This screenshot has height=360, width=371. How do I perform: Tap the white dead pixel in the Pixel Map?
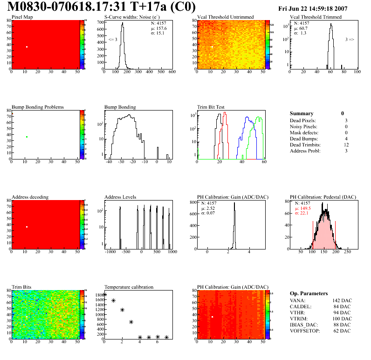pyautogui.click(x=27, y=47)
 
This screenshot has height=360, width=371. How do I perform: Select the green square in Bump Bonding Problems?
pyautogui.click(x=27, y=137)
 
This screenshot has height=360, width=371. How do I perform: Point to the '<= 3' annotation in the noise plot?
pyautogui.click(x=112, y=40)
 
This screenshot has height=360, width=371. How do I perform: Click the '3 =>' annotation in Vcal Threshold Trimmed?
pyautogui.click(x=350, y=40)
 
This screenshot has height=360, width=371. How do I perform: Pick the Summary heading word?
pyautogui.click(x=302, y=113)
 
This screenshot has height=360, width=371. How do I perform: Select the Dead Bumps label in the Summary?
pyautogui.click(x=304, y=138)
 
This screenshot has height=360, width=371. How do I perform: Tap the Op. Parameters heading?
pyautogui.click(x=309, y=293)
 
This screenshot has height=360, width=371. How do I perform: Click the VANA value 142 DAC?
pyautogui.click(x=341, y=300)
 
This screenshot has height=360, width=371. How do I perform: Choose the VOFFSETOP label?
pyautogui.click(x=306, y=331)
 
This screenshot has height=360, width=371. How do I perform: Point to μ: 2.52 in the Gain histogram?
pyautogui.click(x=207, y=208)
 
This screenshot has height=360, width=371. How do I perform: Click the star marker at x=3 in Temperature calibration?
pyautogui.click(x=131, y=322)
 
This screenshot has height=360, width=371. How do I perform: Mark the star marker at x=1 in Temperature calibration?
pyautogui.click(x=113, y=301)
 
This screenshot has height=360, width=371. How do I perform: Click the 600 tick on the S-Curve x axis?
pyautogui.click(x=172, y=72)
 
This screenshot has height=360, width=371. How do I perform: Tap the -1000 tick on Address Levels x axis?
pyautogui.click(x=110, y=252)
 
